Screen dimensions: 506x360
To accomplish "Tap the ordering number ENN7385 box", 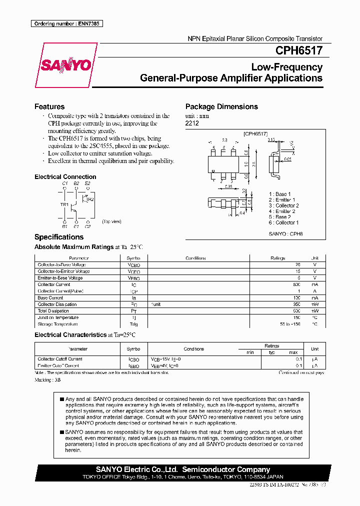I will tap(66, 23).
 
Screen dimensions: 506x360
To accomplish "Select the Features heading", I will tap(49, 106).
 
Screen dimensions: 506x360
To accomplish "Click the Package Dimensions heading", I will tap(221, 106).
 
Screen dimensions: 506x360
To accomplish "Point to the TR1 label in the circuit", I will tap(64, 204).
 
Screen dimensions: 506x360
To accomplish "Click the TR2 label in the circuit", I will tap(90, 199).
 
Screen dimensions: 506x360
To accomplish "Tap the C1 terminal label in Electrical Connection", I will tap(64, 183).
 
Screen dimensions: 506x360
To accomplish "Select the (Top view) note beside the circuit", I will tap(111, 221).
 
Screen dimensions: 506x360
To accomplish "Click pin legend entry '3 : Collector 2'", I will tap(283, 205).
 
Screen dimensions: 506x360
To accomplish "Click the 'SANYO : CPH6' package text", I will tap(285, 233).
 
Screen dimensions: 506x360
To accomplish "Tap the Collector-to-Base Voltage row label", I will tap(61, 264).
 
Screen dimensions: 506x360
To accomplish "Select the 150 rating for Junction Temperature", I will tap(296, 317).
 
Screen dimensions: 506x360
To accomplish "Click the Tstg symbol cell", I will tap(133, 324).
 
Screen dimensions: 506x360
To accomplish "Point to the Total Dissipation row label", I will tap(53, 311).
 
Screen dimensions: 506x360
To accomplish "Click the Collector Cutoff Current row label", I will tap(60, 359).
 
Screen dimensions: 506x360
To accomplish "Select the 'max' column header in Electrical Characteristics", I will tap(293, 352).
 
